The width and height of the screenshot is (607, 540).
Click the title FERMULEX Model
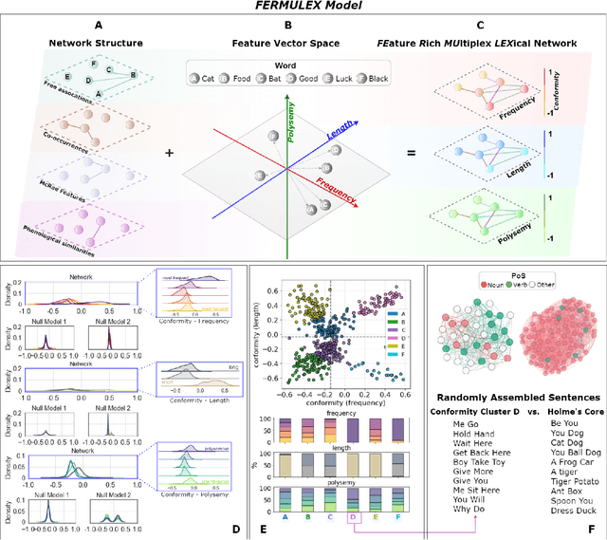pyautogui.click(x=303, y=7)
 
